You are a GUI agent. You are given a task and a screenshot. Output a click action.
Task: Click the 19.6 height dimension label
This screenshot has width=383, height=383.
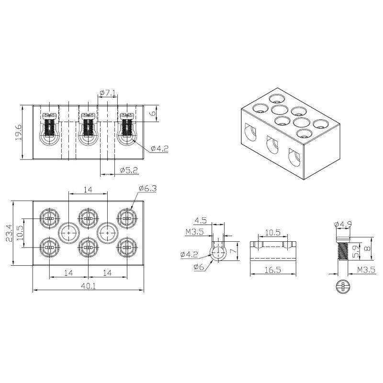[x=19, y=132]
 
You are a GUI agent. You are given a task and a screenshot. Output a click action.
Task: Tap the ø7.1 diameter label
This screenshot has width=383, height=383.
[x=107, y=92]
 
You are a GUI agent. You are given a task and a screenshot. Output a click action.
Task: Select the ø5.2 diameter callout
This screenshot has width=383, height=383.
[x=129, y=170]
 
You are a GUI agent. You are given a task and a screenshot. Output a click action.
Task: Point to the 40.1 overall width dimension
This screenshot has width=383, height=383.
[x=88, y=286]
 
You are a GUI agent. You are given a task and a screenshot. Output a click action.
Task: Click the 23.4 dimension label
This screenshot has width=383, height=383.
[x=9, y=233]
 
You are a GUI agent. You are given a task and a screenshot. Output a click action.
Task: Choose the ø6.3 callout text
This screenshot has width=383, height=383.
[x=147, y=189]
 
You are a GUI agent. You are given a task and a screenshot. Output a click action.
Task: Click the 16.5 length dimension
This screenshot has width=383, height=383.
[x=273, y=270]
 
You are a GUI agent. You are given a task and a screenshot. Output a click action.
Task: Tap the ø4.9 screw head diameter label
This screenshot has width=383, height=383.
[x=343, y=224]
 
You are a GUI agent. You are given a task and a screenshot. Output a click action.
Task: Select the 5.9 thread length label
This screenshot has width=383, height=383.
[x=356, y=251]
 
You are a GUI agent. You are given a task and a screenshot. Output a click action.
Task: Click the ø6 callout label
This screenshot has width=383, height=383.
[x=199, y=267]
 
